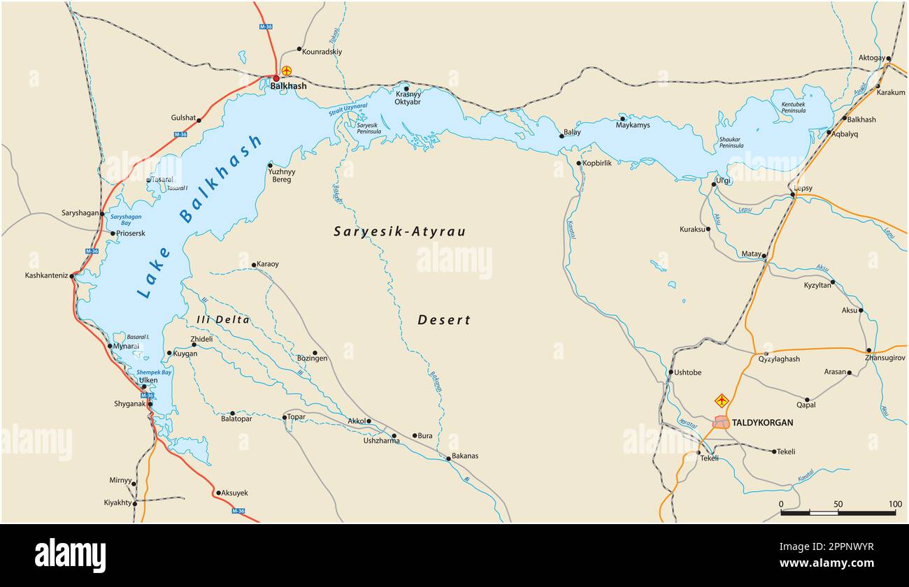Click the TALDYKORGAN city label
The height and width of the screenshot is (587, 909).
tap(762, 423)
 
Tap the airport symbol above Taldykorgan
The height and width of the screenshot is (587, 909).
tap(722, 400)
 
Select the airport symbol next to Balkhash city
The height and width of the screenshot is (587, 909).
tap(287, 71)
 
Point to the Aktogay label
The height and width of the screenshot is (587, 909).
tap(871, 58)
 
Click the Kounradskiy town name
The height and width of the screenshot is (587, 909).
tap(322, 52)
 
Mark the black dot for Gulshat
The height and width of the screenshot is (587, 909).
tap(199, 120)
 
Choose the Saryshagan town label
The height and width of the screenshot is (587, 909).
tap(80, 212)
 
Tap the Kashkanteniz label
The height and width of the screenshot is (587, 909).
tap(46, 275)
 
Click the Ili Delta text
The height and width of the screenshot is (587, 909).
tap(222, 320)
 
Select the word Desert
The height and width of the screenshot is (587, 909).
tap(444, 320)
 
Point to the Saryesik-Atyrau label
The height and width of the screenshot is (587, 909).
tap(399, 231)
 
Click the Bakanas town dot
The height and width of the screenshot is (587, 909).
tap(448, 458)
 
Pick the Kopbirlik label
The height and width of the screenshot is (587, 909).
tap(598, 163)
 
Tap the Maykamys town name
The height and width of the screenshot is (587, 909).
tap(633, 125)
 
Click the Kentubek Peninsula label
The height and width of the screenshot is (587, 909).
tap(793, 108)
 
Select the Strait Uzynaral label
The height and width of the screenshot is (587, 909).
tap(348, 109)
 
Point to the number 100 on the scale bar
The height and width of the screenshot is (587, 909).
tap(895, 504)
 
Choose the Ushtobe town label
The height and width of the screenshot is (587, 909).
tap(687, 372)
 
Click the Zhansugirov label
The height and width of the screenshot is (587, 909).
tap(885, 358)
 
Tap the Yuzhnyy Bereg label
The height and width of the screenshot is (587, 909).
tap(282, 175)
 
